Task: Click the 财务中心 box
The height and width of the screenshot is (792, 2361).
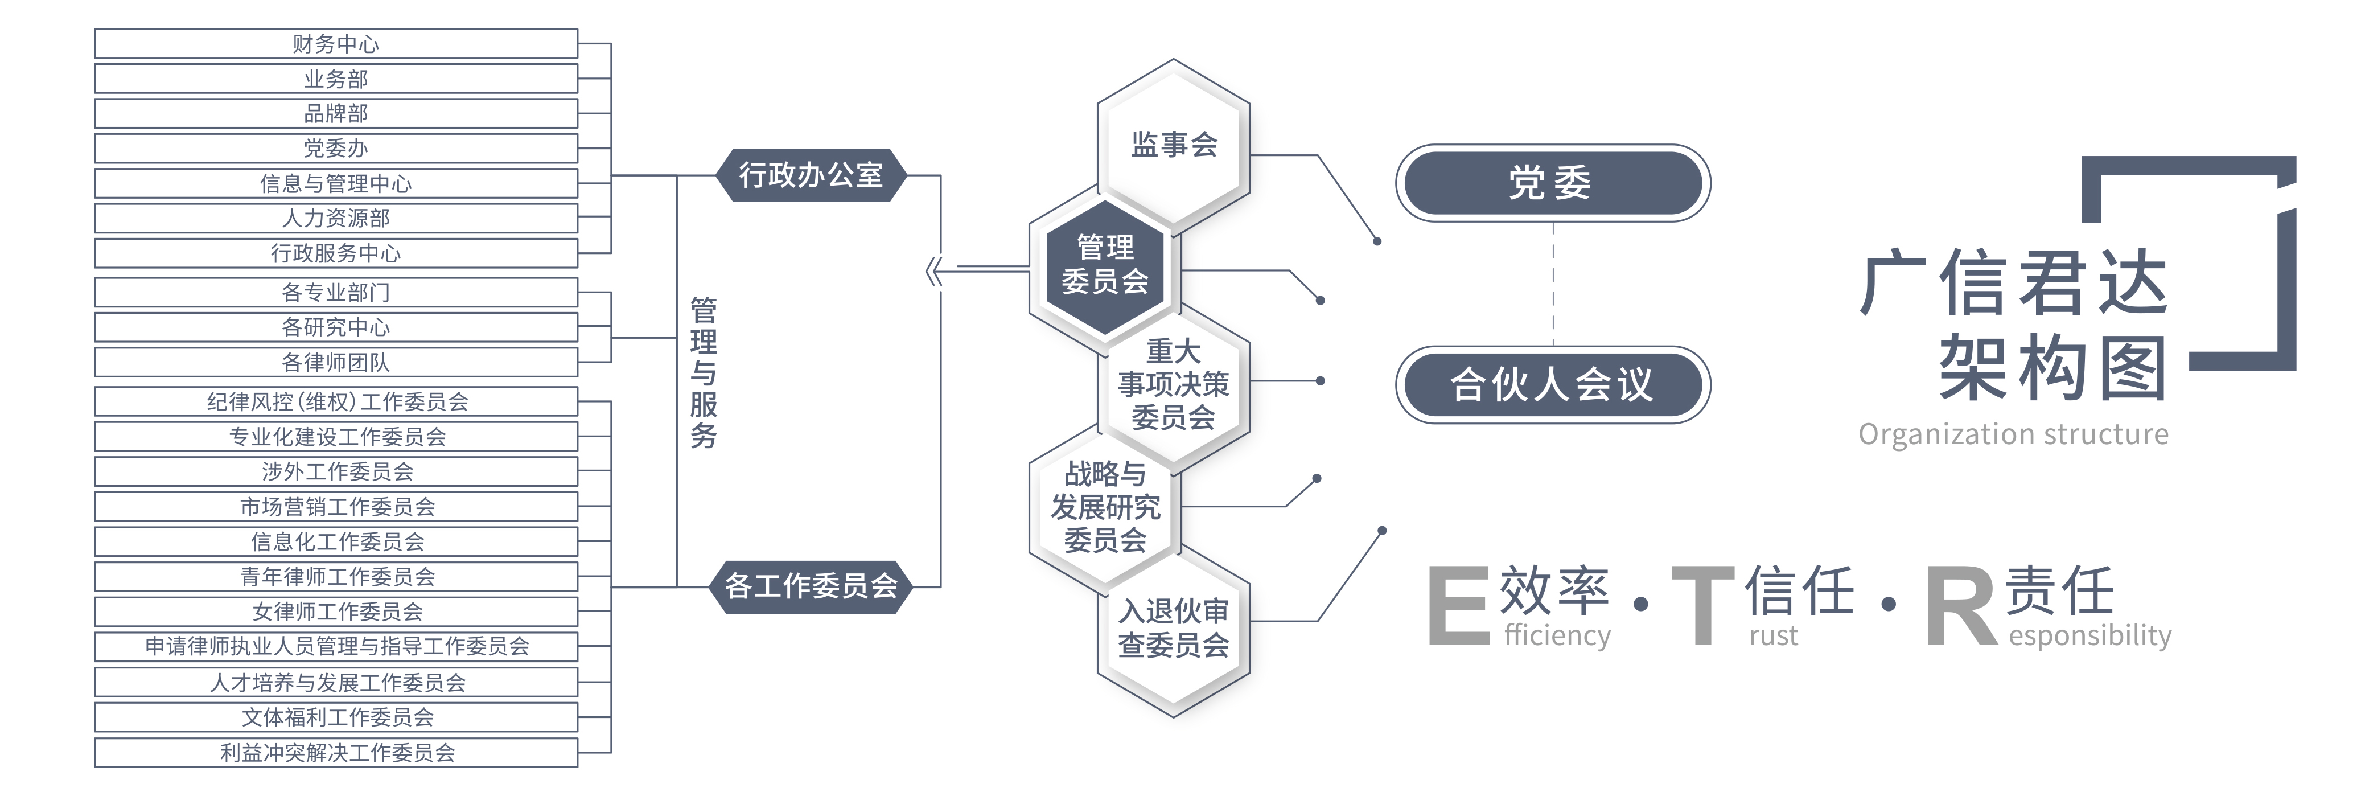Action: click(x=335, y=44)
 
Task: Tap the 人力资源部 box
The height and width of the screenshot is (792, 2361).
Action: click(x=335, y=218)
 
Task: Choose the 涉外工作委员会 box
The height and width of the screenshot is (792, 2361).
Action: click(x=335, y=472)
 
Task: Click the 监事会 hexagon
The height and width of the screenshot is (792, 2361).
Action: click(x=1173, y=145)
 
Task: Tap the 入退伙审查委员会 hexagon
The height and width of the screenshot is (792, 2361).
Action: click(x=1173, y=629)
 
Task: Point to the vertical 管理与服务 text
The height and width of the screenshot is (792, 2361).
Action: click(x=703, y=372)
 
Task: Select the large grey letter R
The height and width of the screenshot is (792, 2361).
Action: click(x=1960, y=608)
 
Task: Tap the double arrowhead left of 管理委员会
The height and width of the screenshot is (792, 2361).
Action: click(x=934, y=272)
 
